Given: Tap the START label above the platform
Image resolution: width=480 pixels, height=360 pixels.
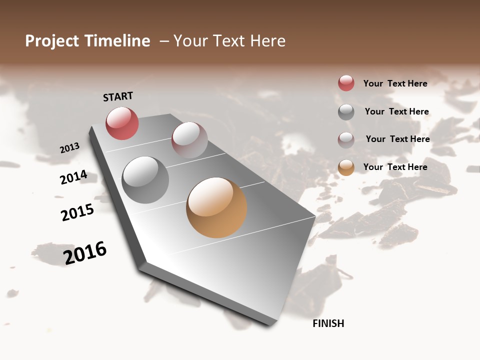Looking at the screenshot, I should [118, 96].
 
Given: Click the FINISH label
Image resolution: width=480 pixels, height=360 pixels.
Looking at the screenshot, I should [328, 323].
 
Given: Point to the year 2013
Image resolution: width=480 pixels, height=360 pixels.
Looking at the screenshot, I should [69, 148].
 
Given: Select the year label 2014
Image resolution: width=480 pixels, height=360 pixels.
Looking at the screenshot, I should [73, 177].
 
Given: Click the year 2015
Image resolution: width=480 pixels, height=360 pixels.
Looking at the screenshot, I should [77, 212].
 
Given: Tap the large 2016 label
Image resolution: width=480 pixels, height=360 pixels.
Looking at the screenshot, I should [85, 253].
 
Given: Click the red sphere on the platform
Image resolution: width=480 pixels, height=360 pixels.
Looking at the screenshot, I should [122, 123].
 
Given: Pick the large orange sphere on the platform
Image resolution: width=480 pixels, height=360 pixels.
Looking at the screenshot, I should [216, 207].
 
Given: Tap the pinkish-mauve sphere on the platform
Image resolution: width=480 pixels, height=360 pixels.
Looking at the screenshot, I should [189, 140].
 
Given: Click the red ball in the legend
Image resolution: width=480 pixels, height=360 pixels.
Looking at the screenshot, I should [346, 83].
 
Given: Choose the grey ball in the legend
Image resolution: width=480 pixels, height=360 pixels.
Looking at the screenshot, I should [346, 112].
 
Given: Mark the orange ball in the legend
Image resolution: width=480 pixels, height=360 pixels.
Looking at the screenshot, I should [346, 168].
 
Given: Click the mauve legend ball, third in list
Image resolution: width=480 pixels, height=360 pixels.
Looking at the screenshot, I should [346, 140].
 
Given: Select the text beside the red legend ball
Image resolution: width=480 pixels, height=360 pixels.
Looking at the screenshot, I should [395, 83].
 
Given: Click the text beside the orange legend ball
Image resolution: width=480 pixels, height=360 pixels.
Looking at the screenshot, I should [395, 167].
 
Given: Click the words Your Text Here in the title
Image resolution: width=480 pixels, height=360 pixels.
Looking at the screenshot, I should [229, 41].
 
